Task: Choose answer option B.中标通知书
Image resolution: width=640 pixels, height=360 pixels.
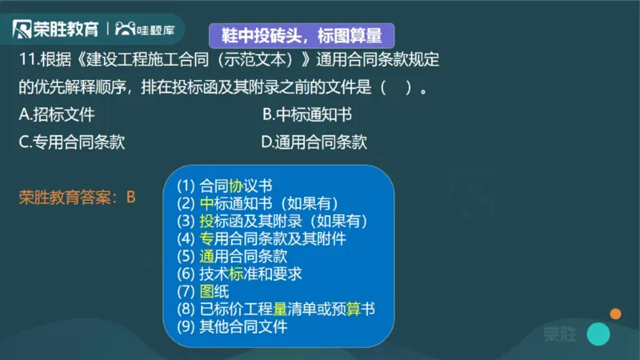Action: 306,114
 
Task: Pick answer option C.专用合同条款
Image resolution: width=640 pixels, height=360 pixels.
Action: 72,142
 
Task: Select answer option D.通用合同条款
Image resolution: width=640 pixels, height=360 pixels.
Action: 314,142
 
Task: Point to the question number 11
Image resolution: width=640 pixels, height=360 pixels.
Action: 27,59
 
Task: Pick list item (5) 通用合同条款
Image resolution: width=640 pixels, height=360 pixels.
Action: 231,256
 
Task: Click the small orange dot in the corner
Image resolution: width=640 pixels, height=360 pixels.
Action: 615,313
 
